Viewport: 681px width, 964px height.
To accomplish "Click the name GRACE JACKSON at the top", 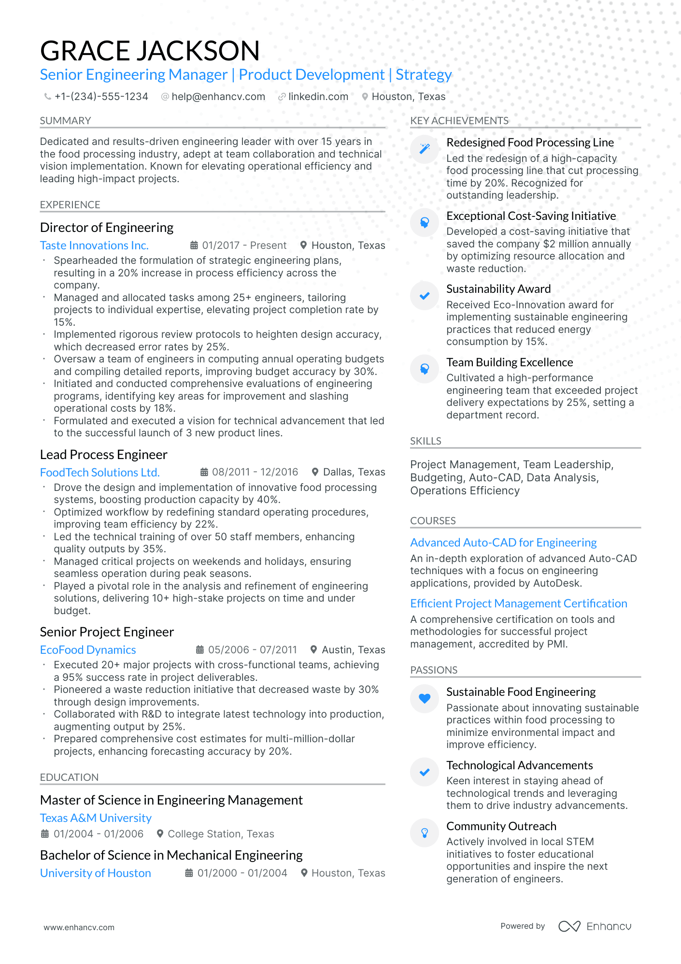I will pyautogui.click(x=150, y=51).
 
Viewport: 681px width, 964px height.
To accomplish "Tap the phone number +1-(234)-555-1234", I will pyautogui.click(x=101, y=97).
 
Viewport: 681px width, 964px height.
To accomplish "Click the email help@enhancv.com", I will pyautogui.click(x=218, y=97).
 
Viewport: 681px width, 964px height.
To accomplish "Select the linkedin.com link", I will pyautogui.click(x=318, y=97).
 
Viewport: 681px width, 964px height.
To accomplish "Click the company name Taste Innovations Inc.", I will pyautogui.click(x=94, y=245).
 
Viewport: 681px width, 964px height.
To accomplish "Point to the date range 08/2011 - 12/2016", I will pyautogui.click(x=255, y=472).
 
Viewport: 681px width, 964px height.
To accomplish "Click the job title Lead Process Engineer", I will pyautogui.click(x=103, y=455).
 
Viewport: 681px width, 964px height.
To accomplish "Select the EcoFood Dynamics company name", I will pyautogui.click(x=88, y=650).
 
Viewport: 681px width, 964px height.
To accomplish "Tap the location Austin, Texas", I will pyautogui.click(x=353, y=650).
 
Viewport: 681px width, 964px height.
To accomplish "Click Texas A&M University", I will pyautogui.click(x=96, y=818).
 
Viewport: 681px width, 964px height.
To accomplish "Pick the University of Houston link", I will pyautogui.click(x=95, y=873).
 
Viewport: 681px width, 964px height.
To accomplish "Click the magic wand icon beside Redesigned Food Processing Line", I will pyautogui.click(x=425, y=149).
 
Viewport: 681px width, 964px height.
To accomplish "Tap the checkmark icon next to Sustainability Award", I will pyautogui.click(x=425, y=296).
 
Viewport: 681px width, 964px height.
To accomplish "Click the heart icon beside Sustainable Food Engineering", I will pyautogui.click(x=425, y=698).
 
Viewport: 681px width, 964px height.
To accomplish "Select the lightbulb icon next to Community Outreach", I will pyautogui.click(x=425, y=833).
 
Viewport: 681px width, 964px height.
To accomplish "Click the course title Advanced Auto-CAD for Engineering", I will pyautogui.click(x=503, y=543).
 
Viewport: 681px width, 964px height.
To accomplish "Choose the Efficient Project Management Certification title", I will pyautogui.click(x=518, y=604).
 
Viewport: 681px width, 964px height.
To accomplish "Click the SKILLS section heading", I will pyautogui.click(x=426, y=441).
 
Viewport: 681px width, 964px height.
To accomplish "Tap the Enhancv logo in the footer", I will pyautogui.click(x=595, y=926).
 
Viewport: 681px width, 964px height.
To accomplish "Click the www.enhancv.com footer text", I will pyautogui.click(x=79, y=927).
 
